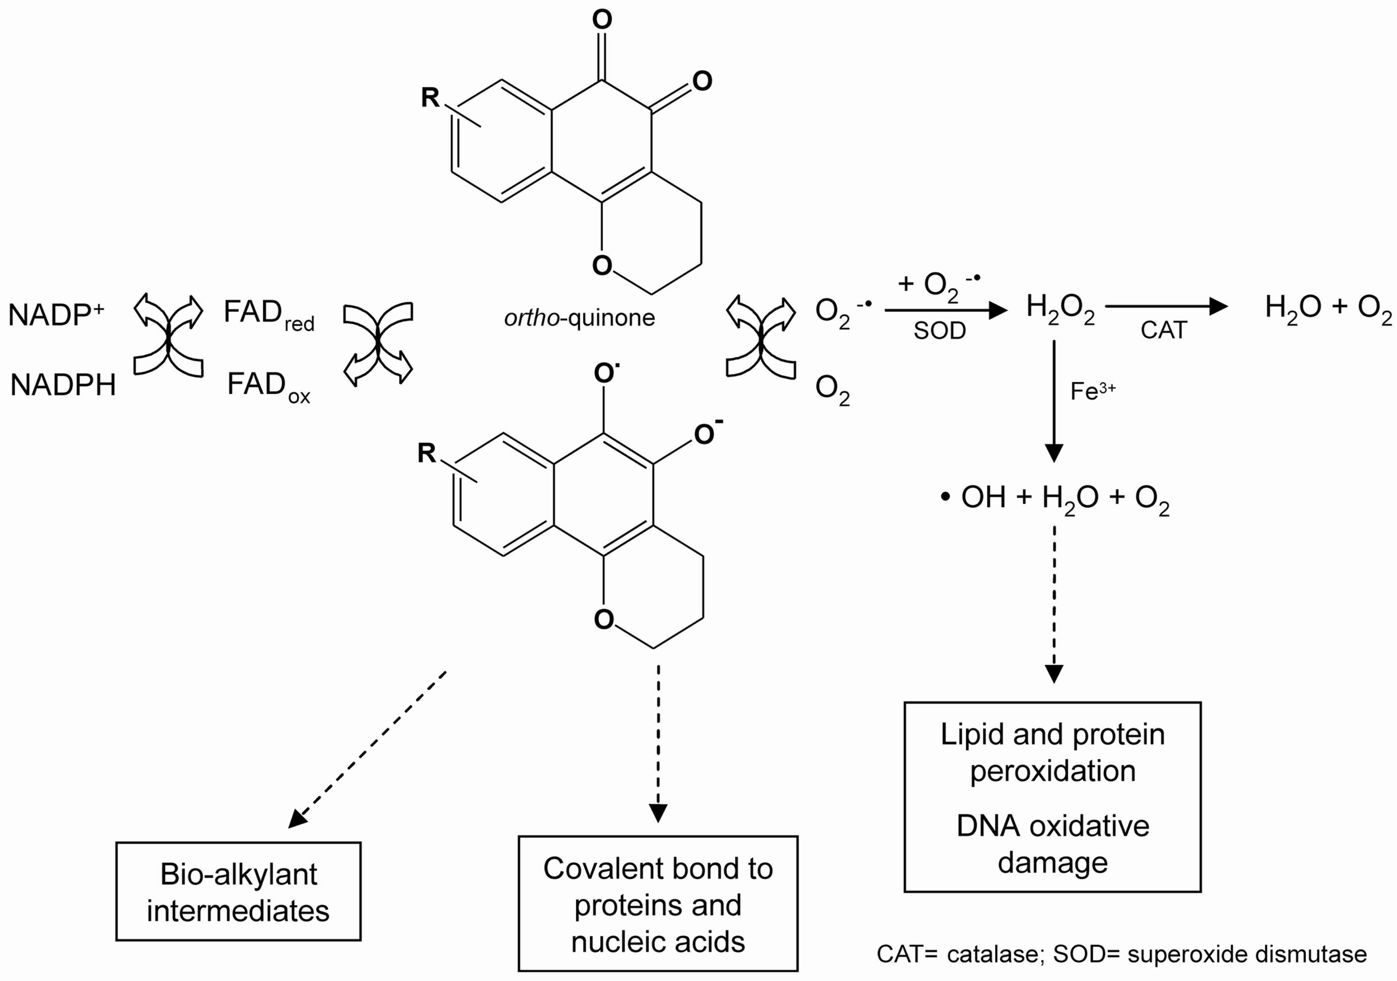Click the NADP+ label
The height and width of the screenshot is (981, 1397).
pyautogui.click(x=56, y=315)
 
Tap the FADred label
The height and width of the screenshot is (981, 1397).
pyautogui.click(x=268, y=314)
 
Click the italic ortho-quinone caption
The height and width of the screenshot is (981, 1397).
pyautogui.click(x=579, y=318)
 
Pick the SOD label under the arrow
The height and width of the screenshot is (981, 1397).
pyautogui.click(x=940, y=331)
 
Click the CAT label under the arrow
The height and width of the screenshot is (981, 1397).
pyautogui.click(x=1163, y=330)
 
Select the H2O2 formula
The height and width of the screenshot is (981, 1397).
pyautogui.click(x=1060, y=309)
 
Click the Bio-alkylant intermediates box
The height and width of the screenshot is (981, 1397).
pyautogui.click(x=238, y=892)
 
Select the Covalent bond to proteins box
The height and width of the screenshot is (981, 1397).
pyautogui.click(x=658, y=903)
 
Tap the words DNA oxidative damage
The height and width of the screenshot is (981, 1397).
pyautogui.click(x=1053, y=843)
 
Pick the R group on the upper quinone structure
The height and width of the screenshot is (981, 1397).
pyautogui.click(x=430, y=97)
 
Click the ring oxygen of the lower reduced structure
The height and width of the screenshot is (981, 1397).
pyautogui.click(x=603, y=619)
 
